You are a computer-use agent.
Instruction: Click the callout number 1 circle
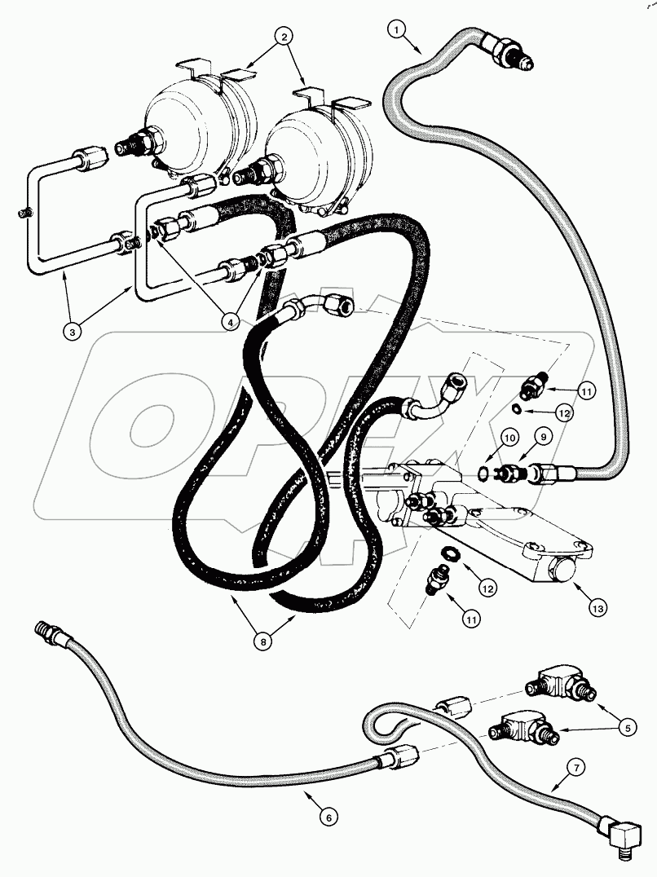397,31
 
